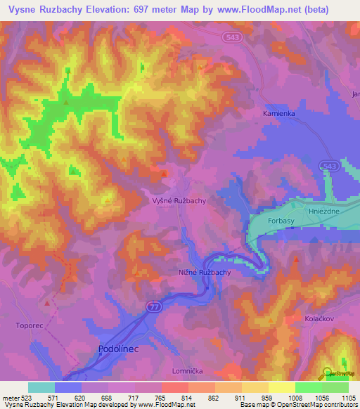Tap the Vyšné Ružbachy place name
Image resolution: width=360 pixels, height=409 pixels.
pos(179,200)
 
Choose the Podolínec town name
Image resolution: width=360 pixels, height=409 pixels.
pos(119,349)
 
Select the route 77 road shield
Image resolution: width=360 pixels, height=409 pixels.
pos(153,306)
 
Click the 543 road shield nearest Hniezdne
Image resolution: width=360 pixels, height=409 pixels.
pos(326,164)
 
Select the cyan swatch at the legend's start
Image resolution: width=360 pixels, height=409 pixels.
pos(41,387)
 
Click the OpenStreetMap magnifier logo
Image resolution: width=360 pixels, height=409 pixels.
pos(327,373)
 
